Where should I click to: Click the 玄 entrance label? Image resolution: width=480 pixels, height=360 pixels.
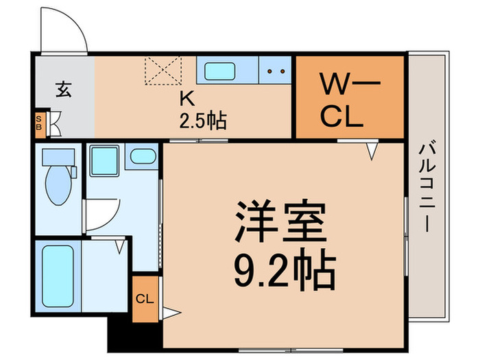tap(64, 89)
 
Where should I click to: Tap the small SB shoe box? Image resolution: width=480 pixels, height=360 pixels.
tap(40, 123)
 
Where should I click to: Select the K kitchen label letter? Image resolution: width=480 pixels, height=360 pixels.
tap(187, 99)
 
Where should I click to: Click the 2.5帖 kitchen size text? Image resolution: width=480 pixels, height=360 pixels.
tap(203, 121)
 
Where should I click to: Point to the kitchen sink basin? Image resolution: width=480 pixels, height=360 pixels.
tap(220, 71)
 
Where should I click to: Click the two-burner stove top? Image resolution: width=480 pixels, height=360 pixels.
tap(275, 70)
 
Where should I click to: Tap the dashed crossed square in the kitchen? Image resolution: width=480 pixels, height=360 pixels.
tap(163, 71)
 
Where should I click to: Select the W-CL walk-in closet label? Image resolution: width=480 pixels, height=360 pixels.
tap(350, 100)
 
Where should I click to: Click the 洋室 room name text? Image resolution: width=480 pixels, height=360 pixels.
tap(280, 221)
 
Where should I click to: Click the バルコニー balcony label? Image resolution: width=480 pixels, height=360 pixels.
tap(427, 187)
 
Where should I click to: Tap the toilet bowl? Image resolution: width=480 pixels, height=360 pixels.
tap(58, 185)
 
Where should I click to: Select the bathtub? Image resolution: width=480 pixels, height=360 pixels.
tap(58, 276)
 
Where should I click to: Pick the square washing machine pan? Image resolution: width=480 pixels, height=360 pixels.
tap(105, 160)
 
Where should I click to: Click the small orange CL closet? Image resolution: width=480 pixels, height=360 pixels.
tap(145, 298)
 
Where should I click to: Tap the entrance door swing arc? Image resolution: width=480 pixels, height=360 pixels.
tap(74, 23)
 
